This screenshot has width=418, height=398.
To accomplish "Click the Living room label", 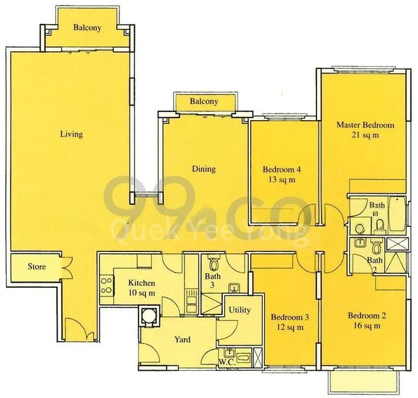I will (71, 134).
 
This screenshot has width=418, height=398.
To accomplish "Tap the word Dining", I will (204, 169).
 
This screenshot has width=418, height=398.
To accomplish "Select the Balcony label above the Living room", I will (87, 28).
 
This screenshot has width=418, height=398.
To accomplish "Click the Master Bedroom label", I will (365, 125).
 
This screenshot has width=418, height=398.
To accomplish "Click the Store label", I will (36, 267).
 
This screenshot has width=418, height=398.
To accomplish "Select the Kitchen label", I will (141, 283).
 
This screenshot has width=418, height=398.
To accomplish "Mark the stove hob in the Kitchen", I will (105, 287).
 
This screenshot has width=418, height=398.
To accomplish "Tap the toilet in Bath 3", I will (212, 261).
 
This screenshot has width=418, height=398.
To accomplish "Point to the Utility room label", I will (239, 310).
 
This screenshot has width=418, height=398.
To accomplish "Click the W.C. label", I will (226, 362).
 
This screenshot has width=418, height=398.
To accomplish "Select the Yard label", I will (182, 340).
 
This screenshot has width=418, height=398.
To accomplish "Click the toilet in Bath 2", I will (376, 249).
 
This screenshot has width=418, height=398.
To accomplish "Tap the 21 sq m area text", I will (365, 135).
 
